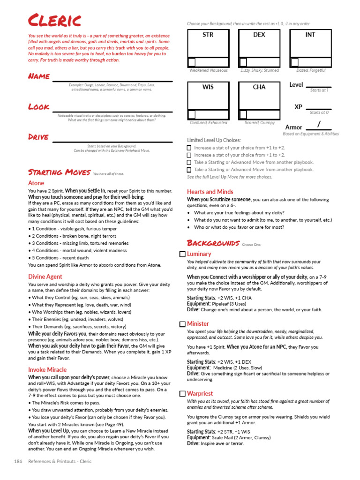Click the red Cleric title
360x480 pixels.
point(54,21)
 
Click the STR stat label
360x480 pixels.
point(208,35)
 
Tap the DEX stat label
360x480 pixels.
point(259,35)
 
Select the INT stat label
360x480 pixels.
point(310,35)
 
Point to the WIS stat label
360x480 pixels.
point(208,87)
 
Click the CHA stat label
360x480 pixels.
point(259,87)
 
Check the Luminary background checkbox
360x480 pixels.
point(182,254)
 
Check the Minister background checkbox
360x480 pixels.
point(182,324)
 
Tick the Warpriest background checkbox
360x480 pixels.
point(182,394)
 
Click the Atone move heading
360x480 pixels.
point(36,183)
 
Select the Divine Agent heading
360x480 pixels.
point(45,277)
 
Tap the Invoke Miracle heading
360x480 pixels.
point(47,370)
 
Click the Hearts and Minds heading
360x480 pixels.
point(210,192)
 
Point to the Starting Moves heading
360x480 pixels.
point(59,172)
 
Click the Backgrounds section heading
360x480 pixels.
point(213,243)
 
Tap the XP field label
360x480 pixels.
point(298,107)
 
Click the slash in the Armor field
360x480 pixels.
point(319,124)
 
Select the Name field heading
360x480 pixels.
point(39,76)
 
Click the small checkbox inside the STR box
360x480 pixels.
point(192,62)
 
